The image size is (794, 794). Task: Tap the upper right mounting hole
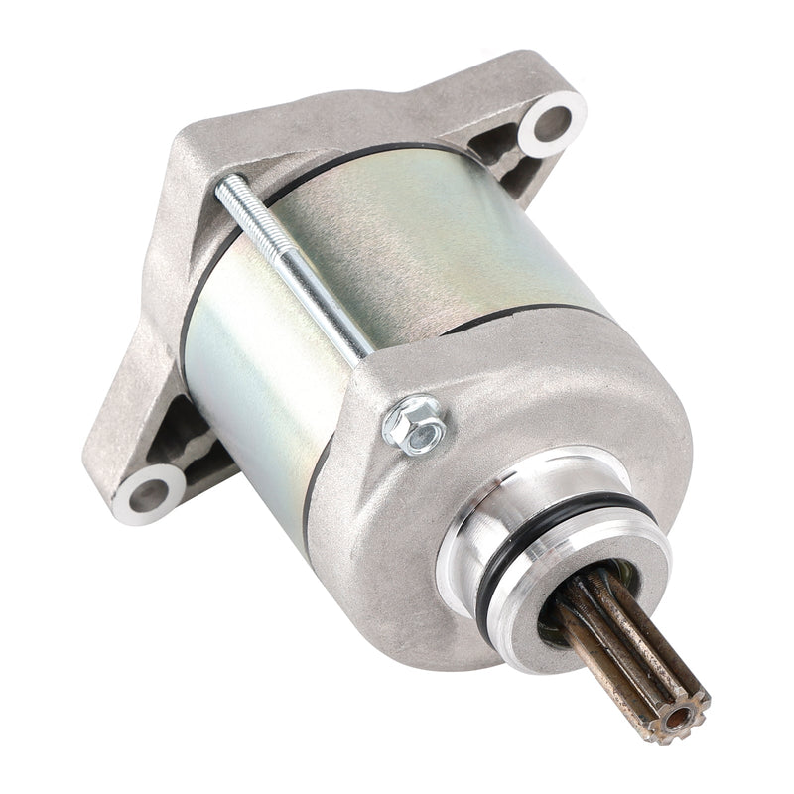[x=552, y=123]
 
